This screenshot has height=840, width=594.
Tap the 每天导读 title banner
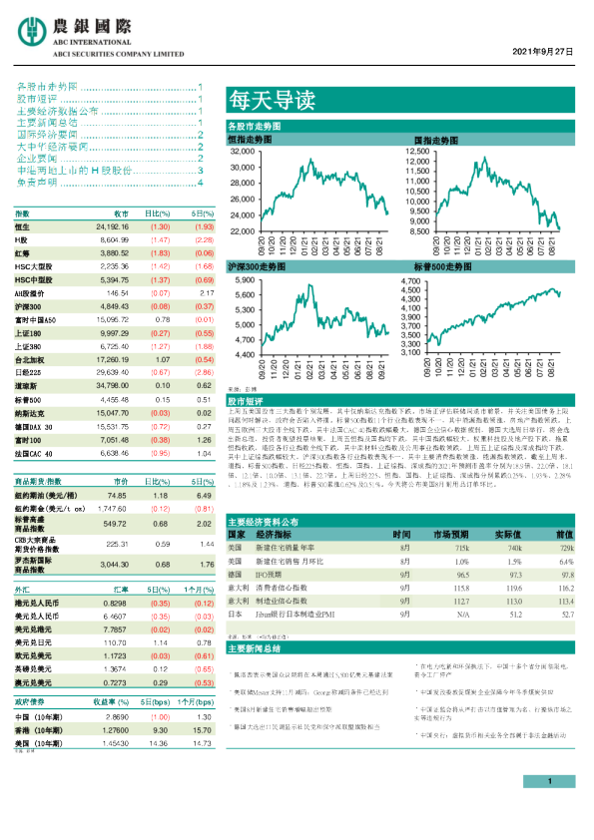pos(259,100)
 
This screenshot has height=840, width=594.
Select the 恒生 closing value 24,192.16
pos(112,227)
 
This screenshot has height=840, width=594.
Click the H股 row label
pos(21,240)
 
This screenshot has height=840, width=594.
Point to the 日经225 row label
pos(27,370)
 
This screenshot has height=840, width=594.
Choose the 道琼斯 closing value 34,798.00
pos(113,383)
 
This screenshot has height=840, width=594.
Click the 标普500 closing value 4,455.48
pos(113,398)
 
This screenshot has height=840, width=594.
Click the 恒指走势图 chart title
pos(250,141)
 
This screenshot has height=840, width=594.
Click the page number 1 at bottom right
pos(550,809)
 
